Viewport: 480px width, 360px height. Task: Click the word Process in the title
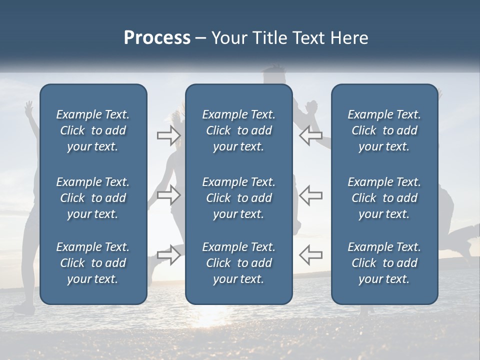[157, 38]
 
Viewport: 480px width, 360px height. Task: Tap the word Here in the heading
[348, 38]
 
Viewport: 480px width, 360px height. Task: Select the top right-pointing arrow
[169, 135]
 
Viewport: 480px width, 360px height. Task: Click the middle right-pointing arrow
[169, 195]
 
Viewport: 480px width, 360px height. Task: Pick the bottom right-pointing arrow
[169, 254]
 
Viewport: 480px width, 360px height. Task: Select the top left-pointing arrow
[310, 135]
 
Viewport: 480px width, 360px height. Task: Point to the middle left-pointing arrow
[310, 195]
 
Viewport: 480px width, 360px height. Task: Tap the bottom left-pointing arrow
[310, 254]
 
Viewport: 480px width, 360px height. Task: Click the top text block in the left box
[93, 130]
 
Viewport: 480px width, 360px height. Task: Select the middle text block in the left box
[93, 198]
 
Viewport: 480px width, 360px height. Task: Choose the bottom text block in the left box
[93, 263]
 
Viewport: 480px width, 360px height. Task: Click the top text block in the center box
[238, 130]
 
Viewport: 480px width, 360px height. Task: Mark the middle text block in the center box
[238, 198]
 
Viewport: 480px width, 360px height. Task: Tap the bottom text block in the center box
[238, 263]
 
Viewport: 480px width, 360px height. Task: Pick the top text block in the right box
[384, 130]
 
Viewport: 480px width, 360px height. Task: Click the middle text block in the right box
[384, 198]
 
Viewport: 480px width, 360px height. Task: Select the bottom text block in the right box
[384, 263]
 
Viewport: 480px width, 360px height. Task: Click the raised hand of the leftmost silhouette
[29, 106]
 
